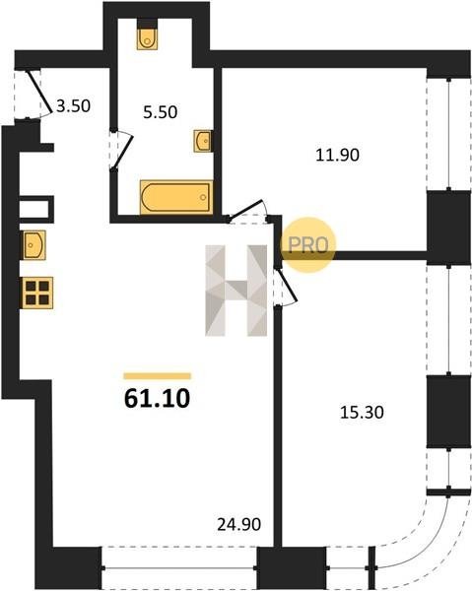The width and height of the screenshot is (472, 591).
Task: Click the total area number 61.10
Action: point(158,399)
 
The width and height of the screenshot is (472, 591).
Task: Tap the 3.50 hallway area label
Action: point(73,106)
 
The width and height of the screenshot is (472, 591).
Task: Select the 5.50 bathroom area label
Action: point(161,112)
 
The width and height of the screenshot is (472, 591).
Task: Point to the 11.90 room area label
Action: point(337,155)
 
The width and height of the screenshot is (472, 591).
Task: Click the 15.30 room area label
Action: point(362,413)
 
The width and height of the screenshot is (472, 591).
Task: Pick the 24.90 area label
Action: point(239,524)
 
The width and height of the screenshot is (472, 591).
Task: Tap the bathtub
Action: point(176,197)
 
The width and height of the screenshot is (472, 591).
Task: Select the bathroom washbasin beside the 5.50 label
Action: point(202,141)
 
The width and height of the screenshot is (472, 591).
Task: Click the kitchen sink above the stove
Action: point(34,245)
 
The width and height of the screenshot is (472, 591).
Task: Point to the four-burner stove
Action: point(37,293)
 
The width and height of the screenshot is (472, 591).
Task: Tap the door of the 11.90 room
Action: point(246,210)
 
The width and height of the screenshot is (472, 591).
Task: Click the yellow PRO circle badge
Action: point(308,244)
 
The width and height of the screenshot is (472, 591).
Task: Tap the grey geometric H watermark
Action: point(236,291)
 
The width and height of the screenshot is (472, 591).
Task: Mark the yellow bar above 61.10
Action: point(158,376)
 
